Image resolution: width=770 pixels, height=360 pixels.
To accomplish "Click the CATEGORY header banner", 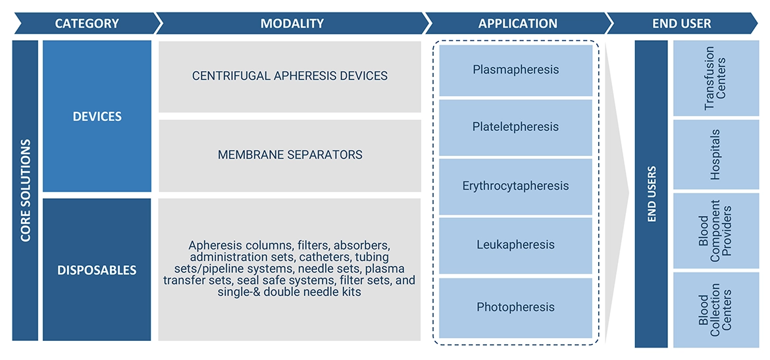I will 86,24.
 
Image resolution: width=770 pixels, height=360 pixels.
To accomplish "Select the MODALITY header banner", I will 292,24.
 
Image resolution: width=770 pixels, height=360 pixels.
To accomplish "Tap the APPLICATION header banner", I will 517,24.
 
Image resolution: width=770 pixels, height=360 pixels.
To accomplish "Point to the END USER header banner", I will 681,24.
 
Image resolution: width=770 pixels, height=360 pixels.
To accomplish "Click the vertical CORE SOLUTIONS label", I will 26,190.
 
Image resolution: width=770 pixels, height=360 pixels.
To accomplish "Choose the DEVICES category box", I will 97,116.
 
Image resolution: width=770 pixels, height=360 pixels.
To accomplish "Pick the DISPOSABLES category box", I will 97,270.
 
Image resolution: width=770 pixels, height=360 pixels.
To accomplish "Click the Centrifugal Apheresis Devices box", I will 290,76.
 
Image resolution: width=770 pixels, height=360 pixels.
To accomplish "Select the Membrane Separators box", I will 290,155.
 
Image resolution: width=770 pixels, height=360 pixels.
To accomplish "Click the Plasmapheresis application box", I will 516,70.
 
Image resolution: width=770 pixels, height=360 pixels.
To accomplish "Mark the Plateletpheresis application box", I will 516,127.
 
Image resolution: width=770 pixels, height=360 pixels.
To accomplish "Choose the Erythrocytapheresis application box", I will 516,186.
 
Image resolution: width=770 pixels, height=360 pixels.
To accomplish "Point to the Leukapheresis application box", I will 516,245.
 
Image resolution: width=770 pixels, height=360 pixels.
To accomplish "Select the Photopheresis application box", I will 516,307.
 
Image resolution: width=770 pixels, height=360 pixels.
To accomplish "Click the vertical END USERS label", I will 652,194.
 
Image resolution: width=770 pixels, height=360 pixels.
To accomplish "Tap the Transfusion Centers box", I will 715,78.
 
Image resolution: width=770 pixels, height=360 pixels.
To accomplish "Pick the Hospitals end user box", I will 715,155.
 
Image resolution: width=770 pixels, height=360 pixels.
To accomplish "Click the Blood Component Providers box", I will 715,230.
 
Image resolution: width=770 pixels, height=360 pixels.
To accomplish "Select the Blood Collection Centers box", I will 715,309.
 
